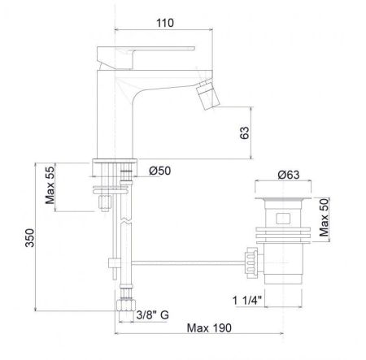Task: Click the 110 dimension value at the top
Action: click(x=165, y=23)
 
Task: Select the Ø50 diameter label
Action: click(x=160, y=171)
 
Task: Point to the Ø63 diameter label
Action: click(x=289, y=175)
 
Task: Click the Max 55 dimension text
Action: click(x=50, y=185)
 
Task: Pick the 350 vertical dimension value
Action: click(x=30, y=238)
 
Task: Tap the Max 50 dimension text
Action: click(x=324, y=217)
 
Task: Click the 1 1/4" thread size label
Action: click(x=247, y=301)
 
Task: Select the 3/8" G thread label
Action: click(x=153, y=314)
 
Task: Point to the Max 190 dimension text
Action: click(x=209, y=328)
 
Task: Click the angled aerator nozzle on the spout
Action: click(x=208, y=95)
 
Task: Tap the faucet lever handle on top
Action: click(x=146, y=57)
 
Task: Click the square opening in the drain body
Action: click(x=283, y=219)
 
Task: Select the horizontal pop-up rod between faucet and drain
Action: click(x=188, y=262)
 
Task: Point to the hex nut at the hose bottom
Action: click(x=126, y=305)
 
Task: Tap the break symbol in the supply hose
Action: click(x=126, y=220)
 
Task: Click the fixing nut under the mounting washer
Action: click(x=105, y=203)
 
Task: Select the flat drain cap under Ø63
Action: click(x=283, y=200)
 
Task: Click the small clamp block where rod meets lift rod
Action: click(x=115, y=262)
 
